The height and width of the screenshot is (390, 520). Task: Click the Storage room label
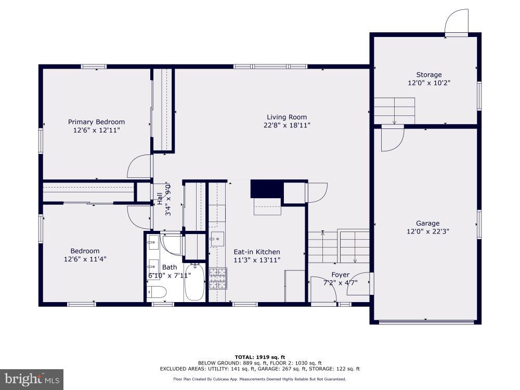click(428, 75)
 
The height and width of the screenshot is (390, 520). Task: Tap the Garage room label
click(427, 224)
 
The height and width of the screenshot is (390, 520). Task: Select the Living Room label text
click(287, 117)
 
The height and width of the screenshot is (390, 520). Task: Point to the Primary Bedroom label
click(96, 122)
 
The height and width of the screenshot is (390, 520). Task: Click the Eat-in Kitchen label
click(256, 252)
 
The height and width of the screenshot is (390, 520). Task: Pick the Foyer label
click(341, 275)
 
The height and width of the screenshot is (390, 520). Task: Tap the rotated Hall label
click(160, 199)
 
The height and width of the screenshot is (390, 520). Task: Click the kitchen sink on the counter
click(217, 240)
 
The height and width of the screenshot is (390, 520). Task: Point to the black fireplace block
click(266, 189)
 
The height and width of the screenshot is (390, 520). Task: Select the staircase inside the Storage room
click(394, 110)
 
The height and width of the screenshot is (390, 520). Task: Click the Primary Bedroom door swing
click(139, 166)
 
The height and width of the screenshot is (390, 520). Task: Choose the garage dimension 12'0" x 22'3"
click(427, 231)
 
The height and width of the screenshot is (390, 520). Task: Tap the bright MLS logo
click(31, 379)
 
